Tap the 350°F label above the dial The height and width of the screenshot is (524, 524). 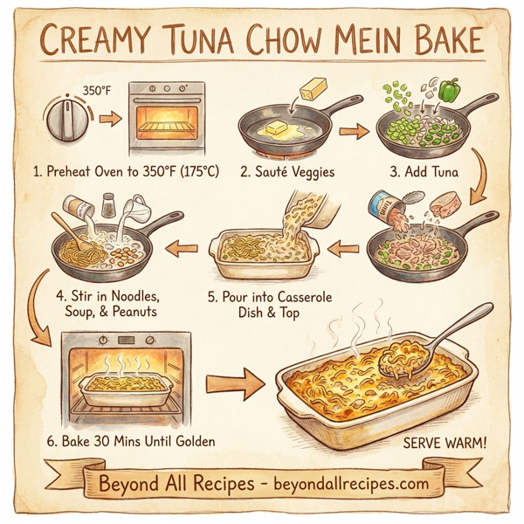(x=97, y=88)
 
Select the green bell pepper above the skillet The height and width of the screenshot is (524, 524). (x=451, y=88)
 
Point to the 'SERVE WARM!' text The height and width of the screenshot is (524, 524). (x=445, y=444)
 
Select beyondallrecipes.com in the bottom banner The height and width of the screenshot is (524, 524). (x=339, y=482)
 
